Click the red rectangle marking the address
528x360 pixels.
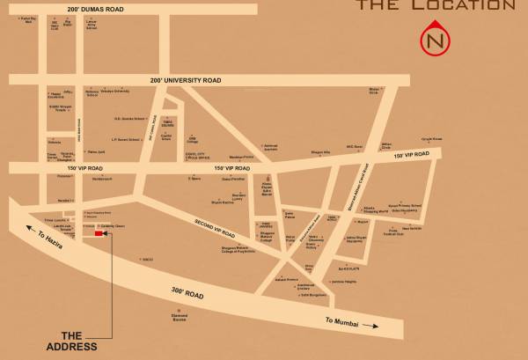pos(98,233)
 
